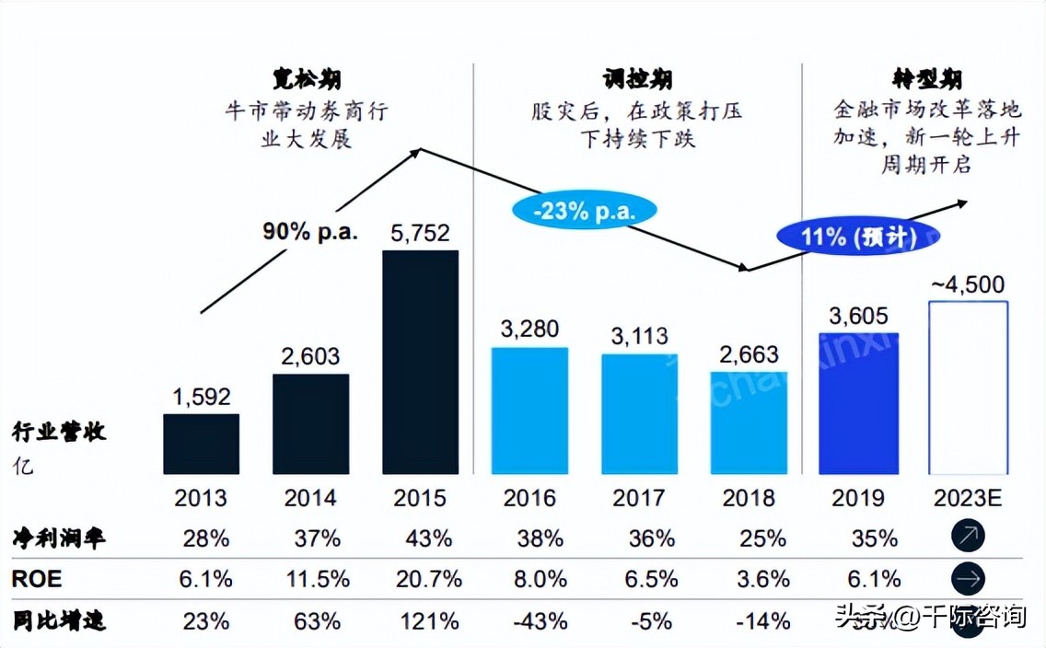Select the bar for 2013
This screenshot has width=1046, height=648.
click(202, 444)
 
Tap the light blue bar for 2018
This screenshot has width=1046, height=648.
click(749, 422)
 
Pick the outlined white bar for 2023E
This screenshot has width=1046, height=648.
click(968, 388)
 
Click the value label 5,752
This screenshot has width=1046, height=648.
click(420, 234)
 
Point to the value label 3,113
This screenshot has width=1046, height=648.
click(639, 336)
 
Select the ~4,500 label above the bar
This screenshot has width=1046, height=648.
click(967, 283)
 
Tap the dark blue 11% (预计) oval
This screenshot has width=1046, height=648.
click(858, 237)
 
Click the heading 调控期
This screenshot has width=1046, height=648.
click(636, 79)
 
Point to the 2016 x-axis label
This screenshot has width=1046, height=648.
click(529, 498)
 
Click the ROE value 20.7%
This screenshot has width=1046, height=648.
click(420, 579)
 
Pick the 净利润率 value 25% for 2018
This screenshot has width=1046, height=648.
click(750, 538)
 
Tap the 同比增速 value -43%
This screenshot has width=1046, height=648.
click(529, 620)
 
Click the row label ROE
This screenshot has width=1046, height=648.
click(36, 579)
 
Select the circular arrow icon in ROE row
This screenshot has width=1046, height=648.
click(968, 579)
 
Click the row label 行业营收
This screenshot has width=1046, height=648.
click(59, 432)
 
